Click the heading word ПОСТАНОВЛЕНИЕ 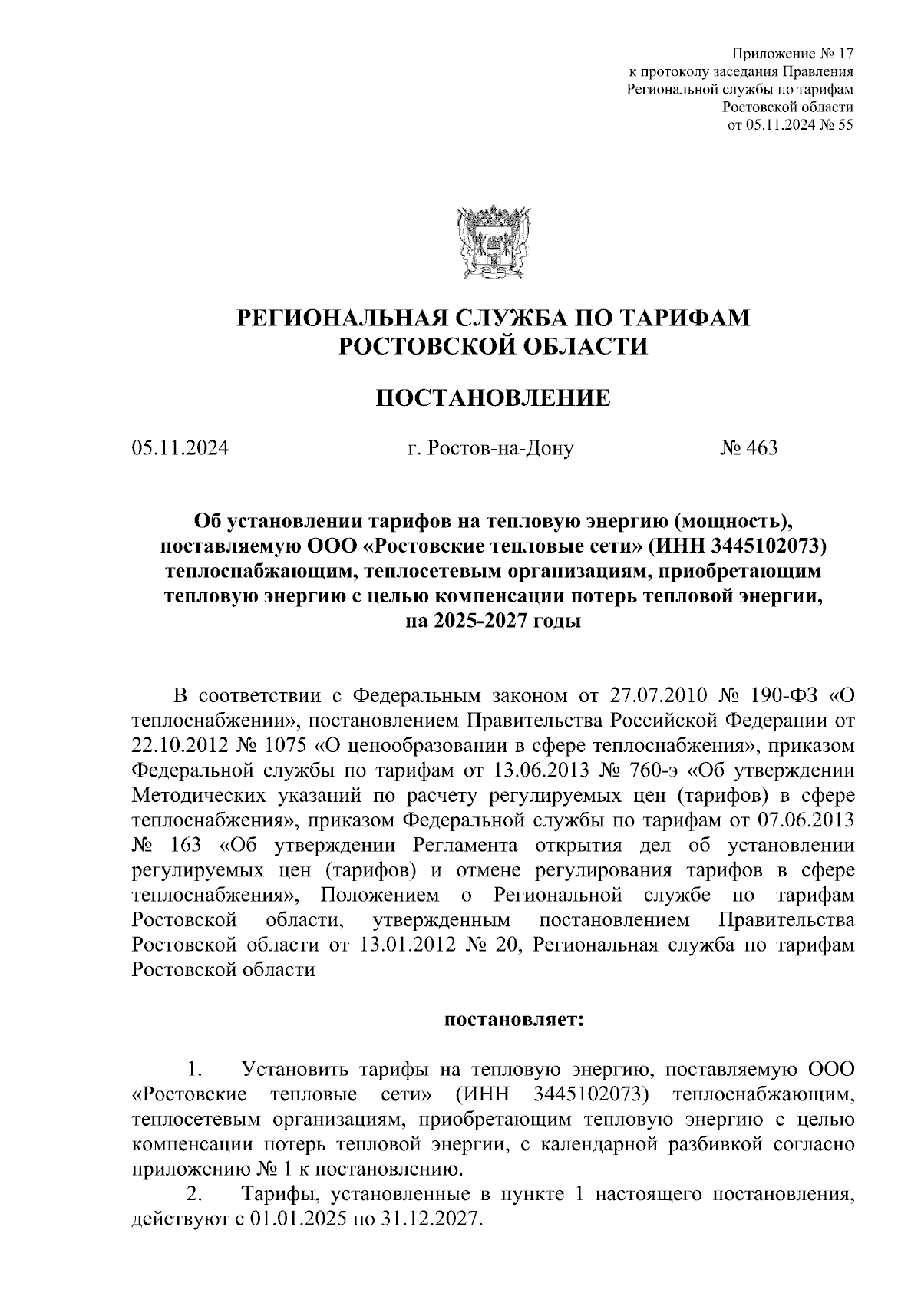[x=492, y=398]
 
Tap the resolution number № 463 [x=748, y=447]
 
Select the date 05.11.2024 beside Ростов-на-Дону [x=180, y=447]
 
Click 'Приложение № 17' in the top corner [x=793, y=54]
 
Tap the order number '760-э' [x=773, y=770]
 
